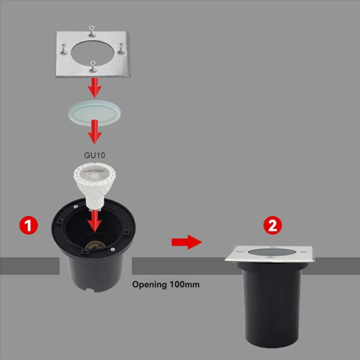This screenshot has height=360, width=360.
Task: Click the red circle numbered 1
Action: click(x=28, y=225)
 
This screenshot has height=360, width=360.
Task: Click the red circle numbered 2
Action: click(x=272, y=225)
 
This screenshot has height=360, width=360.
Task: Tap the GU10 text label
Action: click(x=94, y=155)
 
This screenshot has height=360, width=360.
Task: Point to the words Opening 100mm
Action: click(x=166, y=285)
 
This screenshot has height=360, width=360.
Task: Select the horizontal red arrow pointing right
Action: click(x=187, y=242)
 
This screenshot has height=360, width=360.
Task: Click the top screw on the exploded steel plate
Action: click(x=92, y=32)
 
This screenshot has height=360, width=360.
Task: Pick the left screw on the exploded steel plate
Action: click(x=64, y=49)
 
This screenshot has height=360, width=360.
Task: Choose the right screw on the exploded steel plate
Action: click(x=121, y=48)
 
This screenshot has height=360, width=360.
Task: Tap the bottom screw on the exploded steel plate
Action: click(x=93, y=67)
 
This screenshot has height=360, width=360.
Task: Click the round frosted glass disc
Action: click(x=94, y=113)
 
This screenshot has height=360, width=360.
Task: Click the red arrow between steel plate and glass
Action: click(x=94, y=88)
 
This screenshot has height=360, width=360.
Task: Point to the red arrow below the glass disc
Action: click(x=94, y=132)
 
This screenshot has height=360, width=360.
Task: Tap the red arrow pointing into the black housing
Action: click(x=94, y=221)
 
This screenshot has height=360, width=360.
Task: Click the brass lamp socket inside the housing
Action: click(x=96, y=246)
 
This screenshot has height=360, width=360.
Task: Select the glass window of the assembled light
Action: click(x=272, y=252)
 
